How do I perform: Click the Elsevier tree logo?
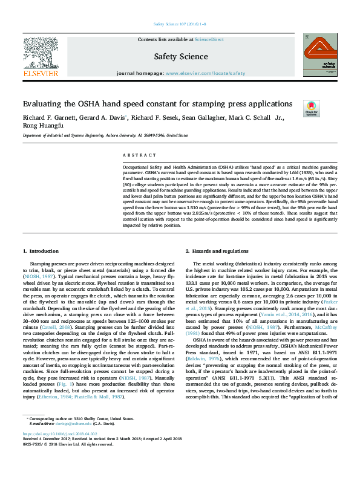click(40, 55)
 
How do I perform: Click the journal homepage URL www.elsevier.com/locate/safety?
click(206, 73)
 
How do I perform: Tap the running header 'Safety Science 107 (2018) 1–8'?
click(180, 25)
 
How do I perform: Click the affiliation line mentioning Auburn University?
click(105, 137)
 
